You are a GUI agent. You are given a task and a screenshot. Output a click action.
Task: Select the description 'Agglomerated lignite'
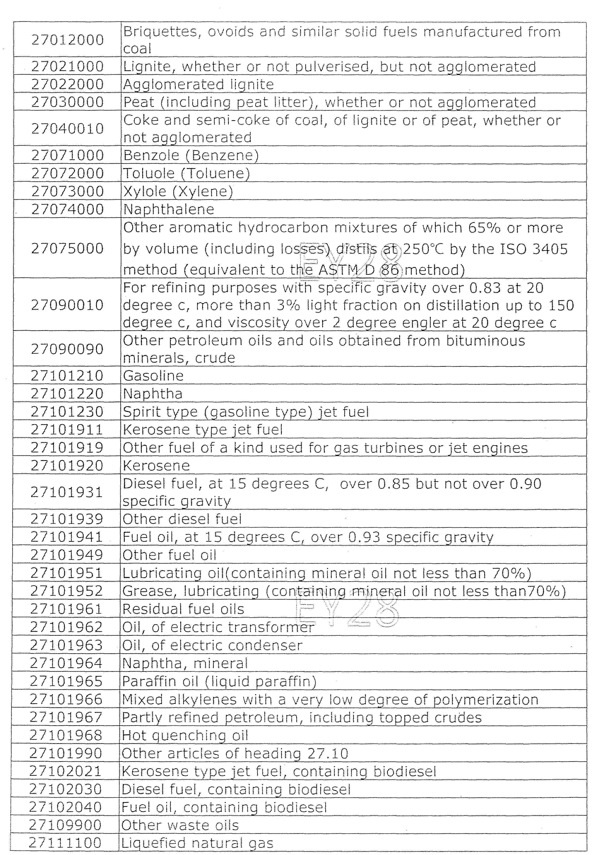198,85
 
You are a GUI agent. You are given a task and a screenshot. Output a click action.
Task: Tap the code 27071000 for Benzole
67,155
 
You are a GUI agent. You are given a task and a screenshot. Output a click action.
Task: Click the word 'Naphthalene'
169,209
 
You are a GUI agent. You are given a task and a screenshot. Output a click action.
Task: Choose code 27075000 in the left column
67,248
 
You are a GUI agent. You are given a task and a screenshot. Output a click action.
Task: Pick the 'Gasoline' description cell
153,376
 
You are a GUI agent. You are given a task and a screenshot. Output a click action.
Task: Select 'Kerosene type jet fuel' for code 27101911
203,430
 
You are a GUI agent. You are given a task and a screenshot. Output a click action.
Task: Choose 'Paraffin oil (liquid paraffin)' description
219,681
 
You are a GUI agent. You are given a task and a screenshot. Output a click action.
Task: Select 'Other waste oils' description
180,826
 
